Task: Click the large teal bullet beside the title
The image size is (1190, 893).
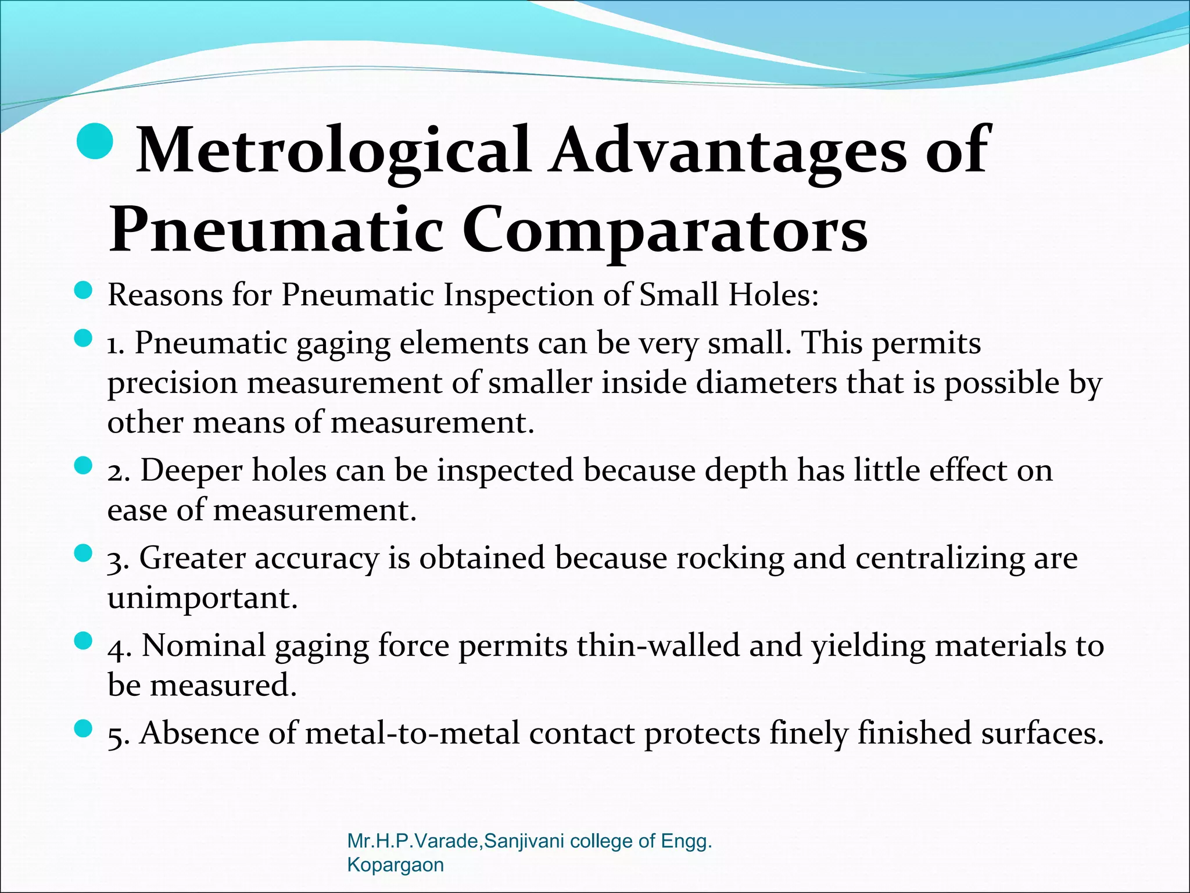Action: tap(94, 143)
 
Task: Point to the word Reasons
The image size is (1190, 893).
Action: tap(165, 295)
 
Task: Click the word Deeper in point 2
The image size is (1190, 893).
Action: tap(191, 470)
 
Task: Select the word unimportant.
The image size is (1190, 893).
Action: tap(202, 598)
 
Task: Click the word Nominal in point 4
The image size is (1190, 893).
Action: tap(203, 646)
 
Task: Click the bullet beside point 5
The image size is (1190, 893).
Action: tap(84, 728)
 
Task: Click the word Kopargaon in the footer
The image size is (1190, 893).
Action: tap(395, 865)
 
